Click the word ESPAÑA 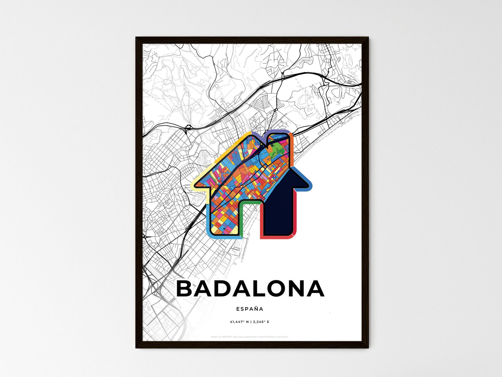point(249,309)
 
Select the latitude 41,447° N point(239,322)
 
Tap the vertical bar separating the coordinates point(251,322)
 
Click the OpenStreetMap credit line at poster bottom point(249,337)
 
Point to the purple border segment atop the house point(278,131)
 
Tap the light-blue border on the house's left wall point(208,219)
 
